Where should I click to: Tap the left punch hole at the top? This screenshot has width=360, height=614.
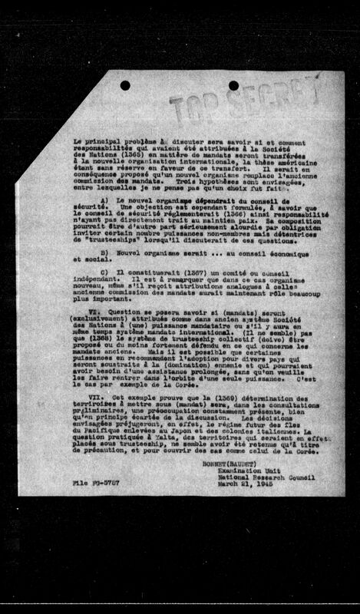[125, 85]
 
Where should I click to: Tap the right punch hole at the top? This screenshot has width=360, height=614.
[233, 84]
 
